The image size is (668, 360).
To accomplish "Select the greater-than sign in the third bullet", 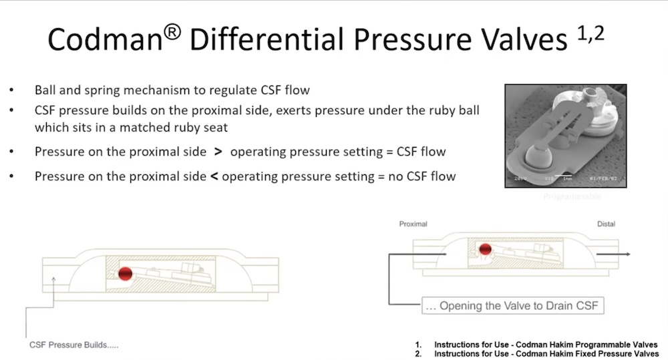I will [218, 152].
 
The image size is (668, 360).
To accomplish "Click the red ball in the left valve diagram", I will [125, 273].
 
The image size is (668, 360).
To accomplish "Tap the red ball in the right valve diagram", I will [486, 249].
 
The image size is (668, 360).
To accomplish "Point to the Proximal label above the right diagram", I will [413, 224].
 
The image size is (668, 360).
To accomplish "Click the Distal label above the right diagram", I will [606, 224].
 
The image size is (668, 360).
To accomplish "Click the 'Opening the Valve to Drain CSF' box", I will [513, 306].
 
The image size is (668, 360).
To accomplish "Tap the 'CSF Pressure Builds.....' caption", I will [73, 345].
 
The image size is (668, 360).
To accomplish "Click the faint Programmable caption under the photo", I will [572, 196].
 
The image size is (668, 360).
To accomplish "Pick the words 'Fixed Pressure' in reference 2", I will [587, 353].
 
